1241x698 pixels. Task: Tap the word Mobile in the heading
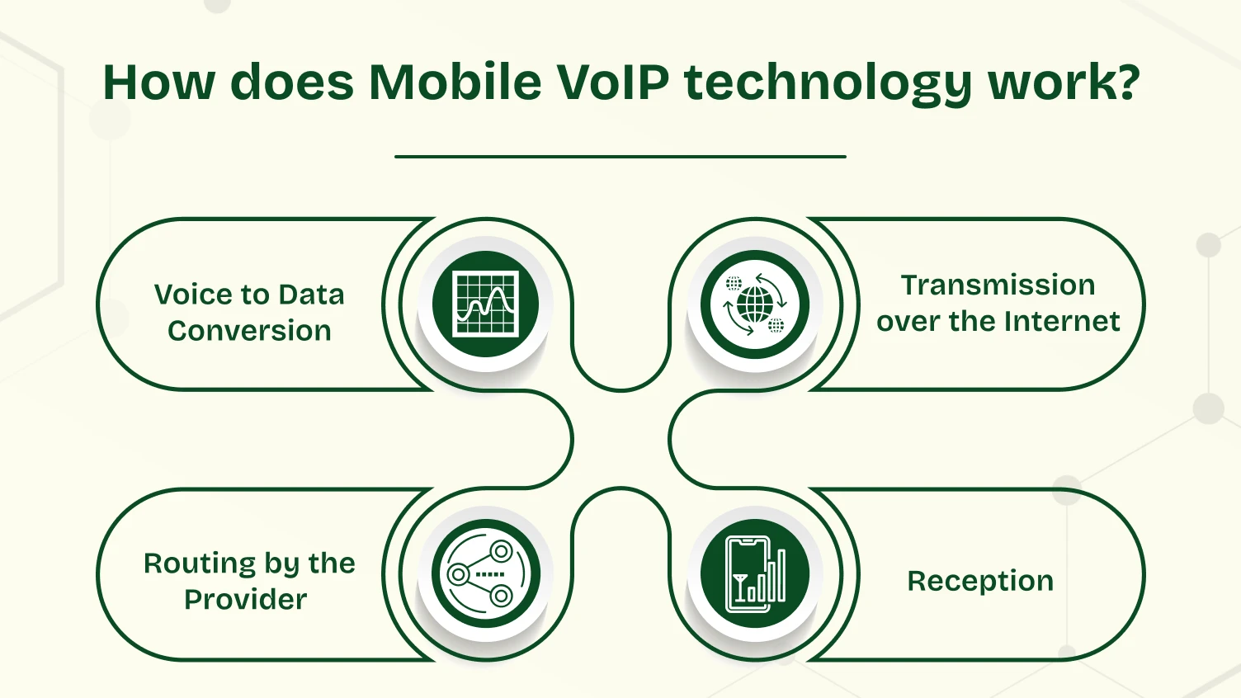(x=455, y=83)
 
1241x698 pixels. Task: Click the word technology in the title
(x=826, y=84)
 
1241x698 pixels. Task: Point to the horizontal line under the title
(x=620, y=156)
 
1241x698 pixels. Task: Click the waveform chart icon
(x=486, y=304)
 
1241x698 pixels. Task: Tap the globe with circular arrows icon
(x=755, y=304)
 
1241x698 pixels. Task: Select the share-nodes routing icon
(x=486, y=573)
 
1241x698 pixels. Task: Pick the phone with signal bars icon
(x=755, y=573)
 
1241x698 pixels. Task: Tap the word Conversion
(x=249, y=331)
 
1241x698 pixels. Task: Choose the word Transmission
(x=998, y=285)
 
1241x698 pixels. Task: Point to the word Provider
(x=246, y=600)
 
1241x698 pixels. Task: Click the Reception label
(x=980, y=581)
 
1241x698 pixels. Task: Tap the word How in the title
(x=158, y=83)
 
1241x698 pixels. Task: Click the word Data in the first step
(x=311, y=295)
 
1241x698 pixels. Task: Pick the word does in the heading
(x=291, y=83)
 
